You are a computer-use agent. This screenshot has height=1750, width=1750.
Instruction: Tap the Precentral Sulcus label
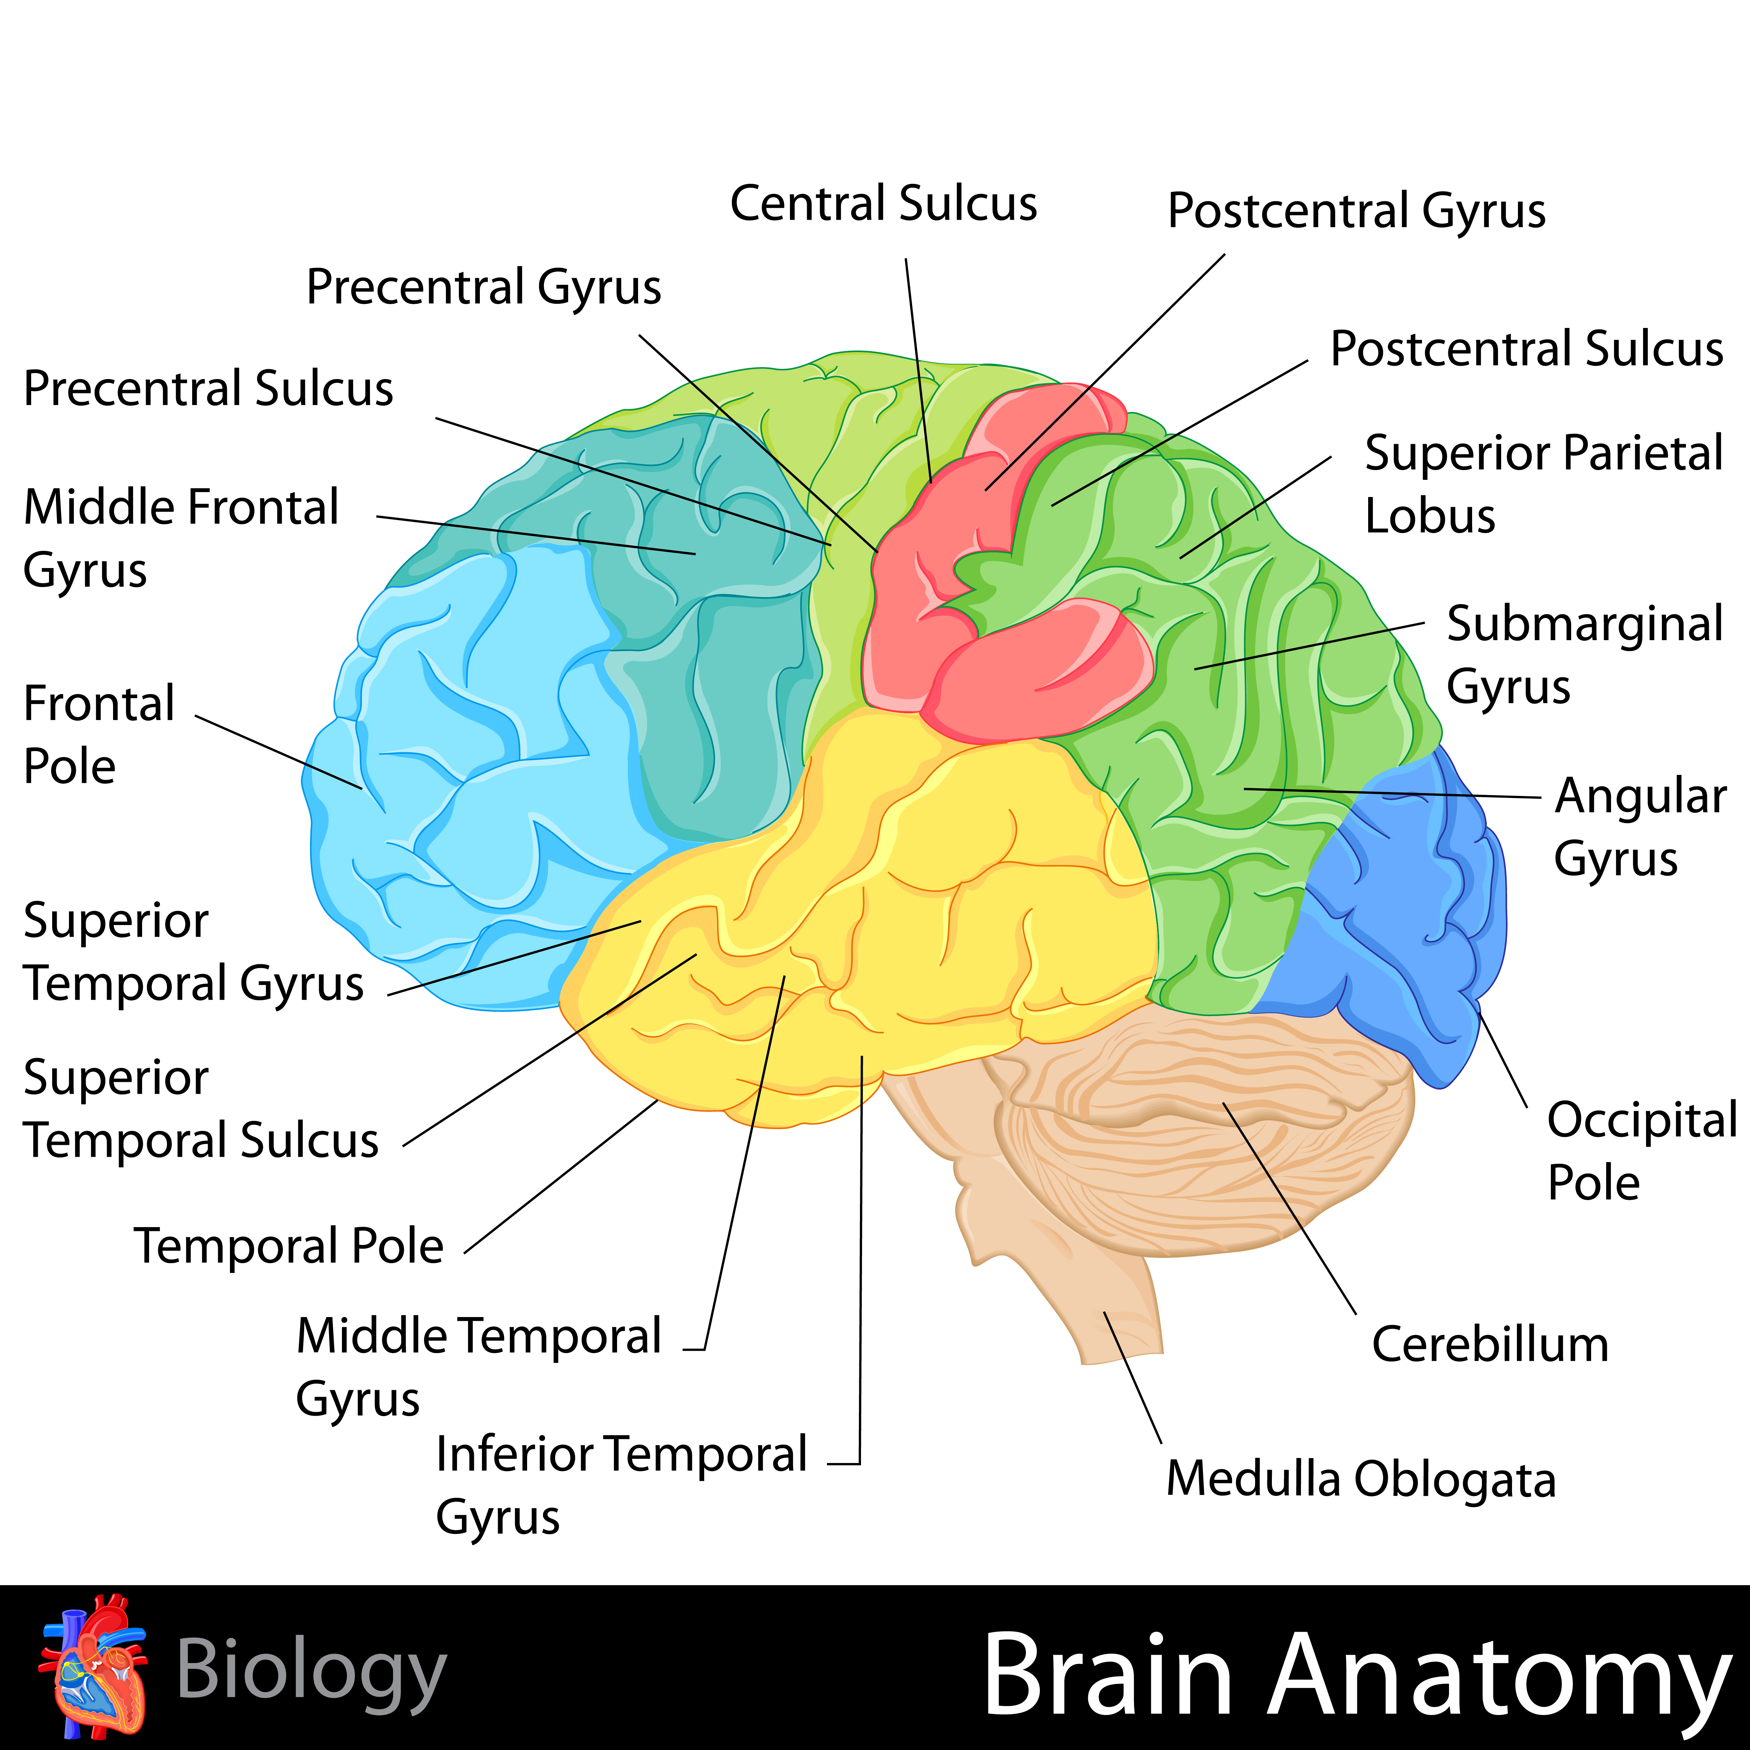point(208,388)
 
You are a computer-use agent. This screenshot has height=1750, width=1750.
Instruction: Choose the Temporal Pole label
point(289,1245)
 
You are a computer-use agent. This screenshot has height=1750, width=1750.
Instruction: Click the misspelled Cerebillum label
point(1490,1344)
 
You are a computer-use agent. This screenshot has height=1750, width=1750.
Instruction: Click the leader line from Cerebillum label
point(1289,1208)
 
